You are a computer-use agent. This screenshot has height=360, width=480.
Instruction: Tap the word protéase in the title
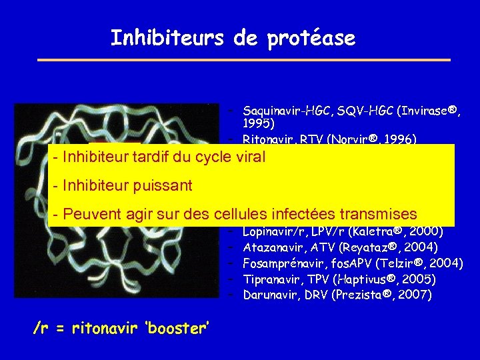point(311,39)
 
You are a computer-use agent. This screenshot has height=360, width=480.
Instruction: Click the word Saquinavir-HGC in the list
point(282,109)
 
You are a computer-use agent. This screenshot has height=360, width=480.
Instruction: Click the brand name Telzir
point(386,263)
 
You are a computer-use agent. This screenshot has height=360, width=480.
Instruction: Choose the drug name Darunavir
point(270,294)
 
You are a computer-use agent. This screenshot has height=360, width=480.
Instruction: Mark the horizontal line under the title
point(244,61)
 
